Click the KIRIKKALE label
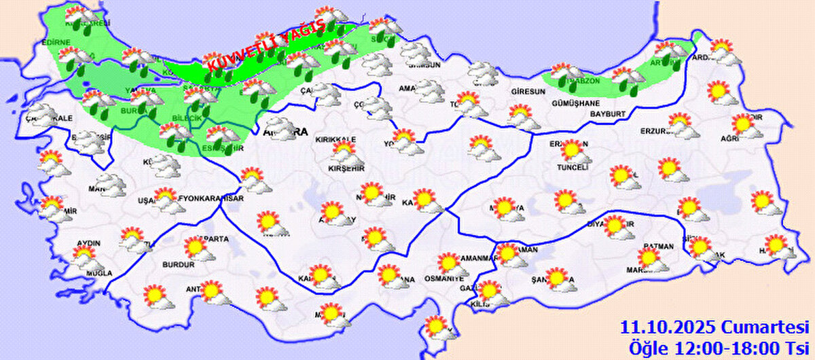pos(336,139)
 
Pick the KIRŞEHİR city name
pos(346,168)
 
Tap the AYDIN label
pos(90,244)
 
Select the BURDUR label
pos(179,264)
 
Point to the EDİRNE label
pos(56,43)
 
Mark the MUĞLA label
pos(99,273)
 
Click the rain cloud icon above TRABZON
pos(568,71)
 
